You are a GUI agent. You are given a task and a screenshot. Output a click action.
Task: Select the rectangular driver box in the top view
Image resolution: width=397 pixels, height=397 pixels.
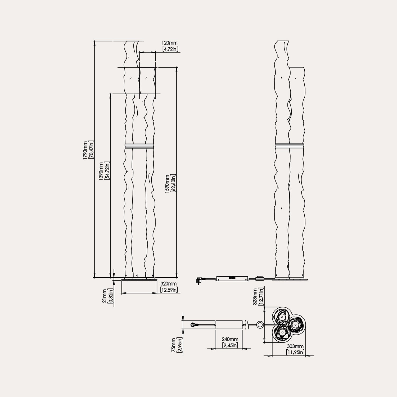(229, 325)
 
